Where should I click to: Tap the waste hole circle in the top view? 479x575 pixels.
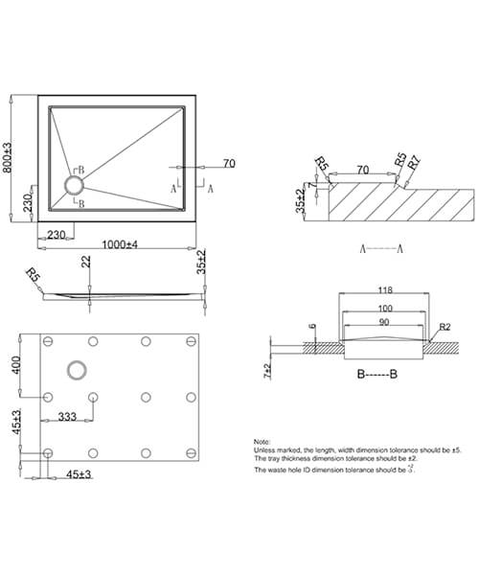coord(74,184)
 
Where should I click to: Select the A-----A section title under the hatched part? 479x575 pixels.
coord(379,248)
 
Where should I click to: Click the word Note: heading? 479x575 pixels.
coord(263,440)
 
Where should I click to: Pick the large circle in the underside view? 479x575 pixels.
coord(74,369)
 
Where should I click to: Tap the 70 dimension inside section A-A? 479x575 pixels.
coord(362,170)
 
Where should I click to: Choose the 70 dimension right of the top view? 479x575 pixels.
coord(229,164)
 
